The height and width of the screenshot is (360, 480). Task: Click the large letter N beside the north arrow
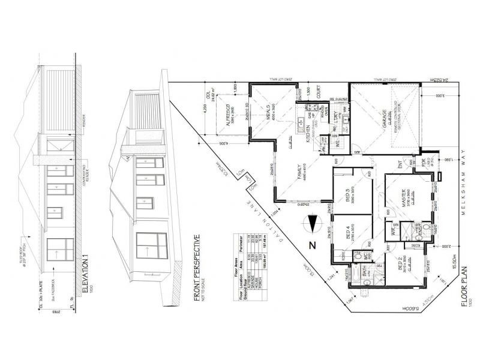pos(311,245)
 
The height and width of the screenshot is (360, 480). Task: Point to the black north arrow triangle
pos(311,225)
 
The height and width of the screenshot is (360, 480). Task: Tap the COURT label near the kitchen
pos(318,94)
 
